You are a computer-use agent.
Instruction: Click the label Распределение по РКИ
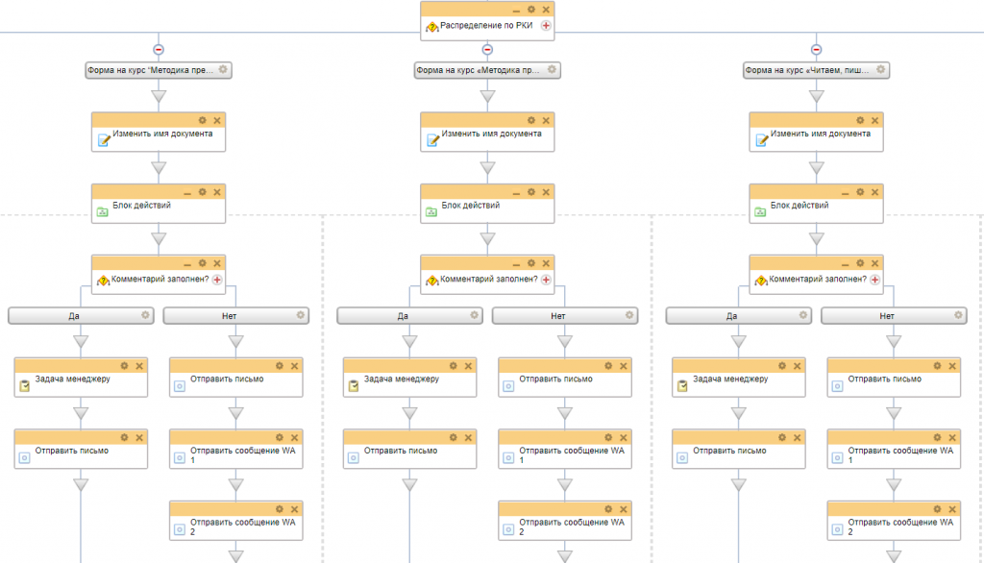click(486, 26)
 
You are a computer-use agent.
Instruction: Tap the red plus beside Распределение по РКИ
click(546, 26)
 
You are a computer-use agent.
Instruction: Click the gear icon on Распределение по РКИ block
click(530, 10)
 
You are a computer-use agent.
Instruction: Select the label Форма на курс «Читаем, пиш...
click(807, 70)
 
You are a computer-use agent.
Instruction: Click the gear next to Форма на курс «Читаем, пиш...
click(880, 70)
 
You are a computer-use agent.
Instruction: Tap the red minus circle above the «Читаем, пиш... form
click(816, 50)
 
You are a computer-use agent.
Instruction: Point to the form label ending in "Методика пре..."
click(151, 70)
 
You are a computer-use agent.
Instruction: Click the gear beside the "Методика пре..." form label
click(223, 70)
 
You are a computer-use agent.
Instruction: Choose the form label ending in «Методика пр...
click(479, 70)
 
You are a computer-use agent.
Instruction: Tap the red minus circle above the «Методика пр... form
click(487, 50)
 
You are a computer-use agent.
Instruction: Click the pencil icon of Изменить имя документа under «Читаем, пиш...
click(762, 140)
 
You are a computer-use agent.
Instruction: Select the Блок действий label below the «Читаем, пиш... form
click(799, 206)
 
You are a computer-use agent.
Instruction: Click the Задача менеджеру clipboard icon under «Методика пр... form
click(354, 386)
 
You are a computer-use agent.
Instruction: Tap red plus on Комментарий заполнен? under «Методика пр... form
click(546, 280)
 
